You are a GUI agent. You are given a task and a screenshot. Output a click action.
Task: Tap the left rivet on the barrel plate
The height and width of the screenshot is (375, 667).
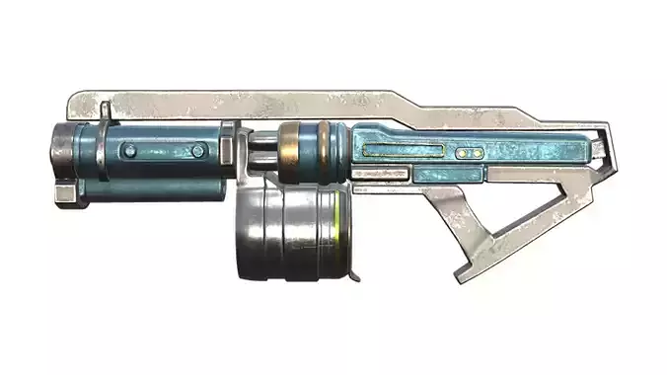129,150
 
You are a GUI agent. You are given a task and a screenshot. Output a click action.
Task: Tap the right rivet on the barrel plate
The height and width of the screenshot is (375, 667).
198,150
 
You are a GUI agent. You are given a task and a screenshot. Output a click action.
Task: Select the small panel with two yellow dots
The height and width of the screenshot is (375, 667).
470,154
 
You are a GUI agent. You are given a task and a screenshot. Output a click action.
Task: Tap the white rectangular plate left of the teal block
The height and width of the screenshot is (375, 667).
379,175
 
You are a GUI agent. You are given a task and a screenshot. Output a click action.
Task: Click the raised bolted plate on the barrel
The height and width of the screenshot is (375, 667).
163,151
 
